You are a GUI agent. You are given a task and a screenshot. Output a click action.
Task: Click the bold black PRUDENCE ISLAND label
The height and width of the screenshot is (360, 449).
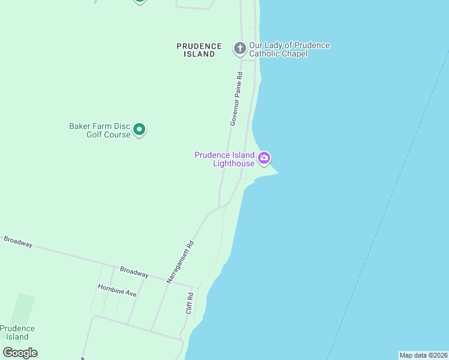click(x=199, y=50)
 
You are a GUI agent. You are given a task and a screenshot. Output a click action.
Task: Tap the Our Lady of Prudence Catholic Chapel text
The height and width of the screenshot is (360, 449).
click(x=289, y=49)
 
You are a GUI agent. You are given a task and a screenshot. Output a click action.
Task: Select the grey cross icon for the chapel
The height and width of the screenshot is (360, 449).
click(x=240, y=48)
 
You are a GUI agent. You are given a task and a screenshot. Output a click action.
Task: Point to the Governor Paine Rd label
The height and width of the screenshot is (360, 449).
click(x=236, y=99)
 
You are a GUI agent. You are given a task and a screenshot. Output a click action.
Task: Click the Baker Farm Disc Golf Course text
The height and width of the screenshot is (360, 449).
click(x=100, y=130)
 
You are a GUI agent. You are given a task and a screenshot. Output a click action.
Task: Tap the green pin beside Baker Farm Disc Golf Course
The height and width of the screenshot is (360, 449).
click(x=139, y=129)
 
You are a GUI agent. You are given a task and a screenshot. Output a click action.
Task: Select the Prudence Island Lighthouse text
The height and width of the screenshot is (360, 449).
click(x=224, y=159)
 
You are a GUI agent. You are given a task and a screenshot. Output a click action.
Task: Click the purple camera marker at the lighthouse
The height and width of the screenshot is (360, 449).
click(x=264, y=158)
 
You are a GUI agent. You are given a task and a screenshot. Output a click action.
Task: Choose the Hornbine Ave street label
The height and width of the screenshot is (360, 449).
click(x=117, y=290)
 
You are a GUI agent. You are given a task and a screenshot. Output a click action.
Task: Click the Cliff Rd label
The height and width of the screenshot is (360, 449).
click(x=189, y=303)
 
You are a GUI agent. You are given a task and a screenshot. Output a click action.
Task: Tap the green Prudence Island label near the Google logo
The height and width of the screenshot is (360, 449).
click(x=17, y=332)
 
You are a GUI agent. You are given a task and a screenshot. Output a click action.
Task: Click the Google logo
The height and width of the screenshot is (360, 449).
click(x=20, y=352)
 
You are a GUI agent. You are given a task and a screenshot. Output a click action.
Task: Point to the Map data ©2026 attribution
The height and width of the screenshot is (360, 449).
click(x=423, y=355)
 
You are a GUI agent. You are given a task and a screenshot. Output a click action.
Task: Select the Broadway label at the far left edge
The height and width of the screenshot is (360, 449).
click(x=17, y=242)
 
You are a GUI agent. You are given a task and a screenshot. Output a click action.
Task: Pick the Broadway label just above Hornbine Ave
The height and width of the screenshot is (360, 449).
click(x=134, y=272)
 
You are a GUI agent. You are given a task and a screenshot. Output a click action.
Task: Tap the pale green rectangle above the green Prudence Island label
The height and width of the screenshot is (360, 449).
click(x=23, y=309)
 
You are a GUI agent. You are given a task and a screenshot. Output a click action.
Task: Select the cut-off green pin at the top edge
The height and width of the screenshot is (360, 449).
click(x=140, y=2)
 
